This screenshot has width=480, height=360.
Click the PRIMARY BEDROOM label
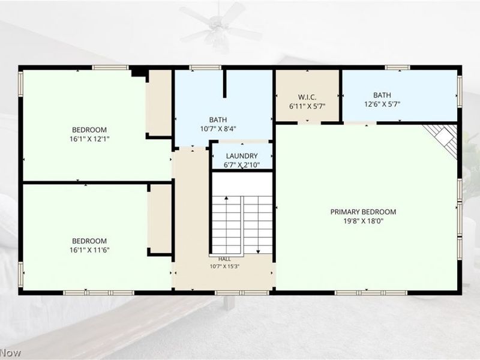[363, 212]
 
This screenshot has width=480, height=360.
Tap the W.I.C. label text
[307, 97]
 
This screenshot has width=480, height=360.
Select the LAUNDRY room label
[242, 156]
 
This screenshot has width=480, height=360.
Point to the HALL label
[224, 259]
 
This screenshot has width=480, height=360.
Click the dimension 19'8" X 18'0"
[364, 221]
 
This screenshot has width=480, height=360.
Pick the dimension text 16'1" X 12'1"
[89, 139]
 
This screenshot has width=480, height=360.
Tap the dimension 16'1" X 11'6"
[89, 250]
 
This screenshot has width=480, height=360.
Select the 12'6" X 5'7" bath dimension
[382, 104]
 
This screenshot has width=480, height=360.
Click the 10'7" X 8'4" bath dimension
[218, 129]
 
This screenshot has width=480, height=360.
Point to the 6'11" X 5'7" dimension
[307, 107]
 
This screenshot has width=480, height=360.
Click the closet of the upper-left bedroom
[158, 103]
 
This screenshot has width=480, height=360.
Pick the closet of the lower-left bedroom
[159, 218]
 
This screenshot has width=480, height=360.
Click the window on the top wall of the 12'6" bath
[397, 68]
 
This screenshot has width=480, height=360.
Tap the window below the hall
[242, 293]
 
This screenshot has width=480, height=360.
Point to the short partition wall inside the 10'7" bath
[224, 84]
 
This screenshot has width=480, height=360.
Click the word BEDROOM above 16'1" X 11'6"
[89, 241]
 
